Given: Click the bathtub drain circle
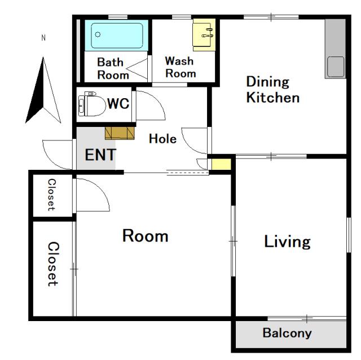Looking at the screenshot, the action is click(98, 34).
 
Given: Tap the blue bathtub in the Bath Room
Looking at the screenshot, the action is click(117, 35).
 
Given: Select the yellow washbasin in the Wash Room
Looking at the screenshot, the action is click(204, 35).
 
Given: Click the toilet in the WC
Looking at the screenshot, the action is click(91, 104).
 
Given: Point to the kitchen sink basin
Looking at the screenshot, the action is click(336, 67).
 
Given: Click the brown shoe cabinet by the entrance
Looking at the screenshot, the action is click(120, 133).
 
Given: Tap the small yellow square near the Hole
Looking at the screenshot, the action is click(221, 164).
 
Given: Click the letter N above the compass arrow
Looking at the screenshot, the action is click(43, 38).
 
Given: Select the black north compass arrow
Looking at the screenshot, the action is click(43, 90).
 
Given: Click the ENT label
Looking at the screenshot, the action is click(100, 155).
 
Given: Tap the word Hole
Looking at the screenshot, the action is click(163, 139).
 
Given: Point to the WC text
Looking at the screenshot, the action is click(118, 103).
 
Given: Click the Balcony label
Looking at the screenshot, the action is click(287, 333).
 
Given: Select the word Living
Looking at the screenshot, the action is click(287, 242).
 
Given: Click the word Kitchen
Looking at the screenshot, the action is click(273, 98).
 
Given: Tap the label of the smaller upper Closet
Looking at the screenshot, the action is click(51, 195).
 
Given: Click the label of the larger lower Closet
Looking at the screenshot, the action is click(54, 264).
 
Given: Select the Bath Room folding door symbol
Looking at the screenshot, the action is click(137, 68).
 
